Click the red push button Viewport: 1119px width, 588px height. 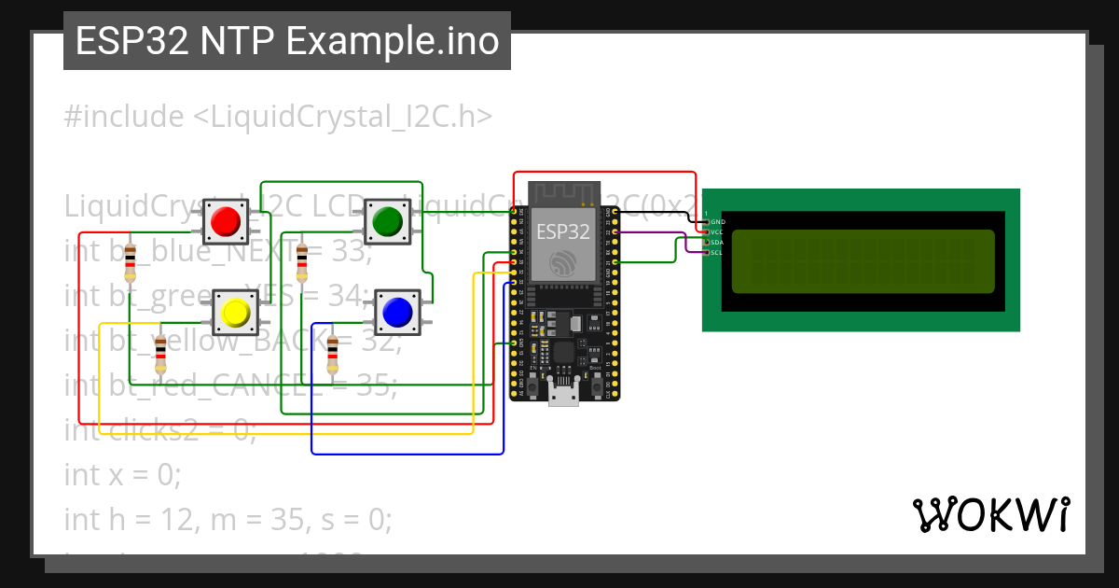coord(225,221)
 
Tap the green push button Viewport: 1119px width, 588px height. coord(386,221)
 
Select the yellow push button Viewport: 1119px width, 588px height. coord(235,312)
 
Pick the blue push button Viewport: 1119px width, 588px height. coord(397,312)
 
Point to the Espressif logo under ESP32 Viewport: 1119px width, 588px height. coord(561,262)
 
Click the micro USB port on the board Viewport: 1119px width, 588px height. coord(561,396)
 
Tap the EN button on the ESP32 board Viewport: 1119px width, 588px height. coord(534,384)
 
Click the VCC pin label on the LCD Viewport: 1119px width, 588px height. coord(717,231)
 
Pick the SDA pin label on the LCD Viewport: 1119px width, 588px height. coord(717,242)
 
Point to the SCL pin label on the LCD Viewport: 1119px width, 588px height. coord(717,252)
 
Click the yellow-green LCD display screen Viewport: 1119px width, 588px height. coord(863,260)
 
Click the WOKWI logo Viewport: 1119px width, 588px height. coord(990,514)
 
